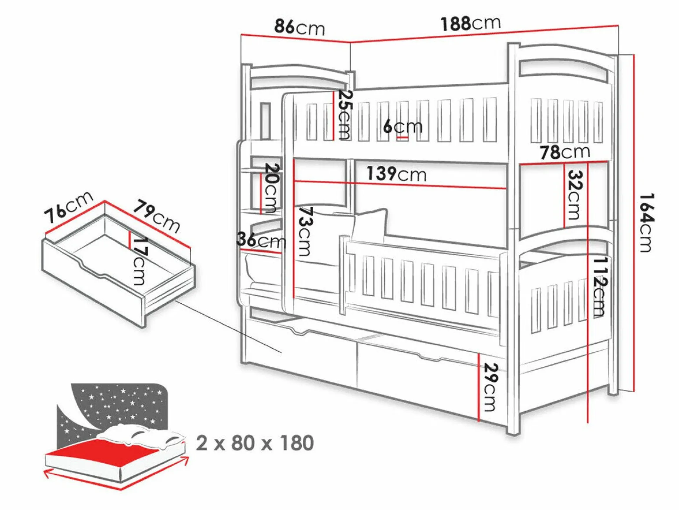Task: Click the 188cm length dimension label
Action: pyautogui.click(x=471, y=23)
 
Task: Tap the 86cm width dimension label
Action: pyautogui.click(x=300, y=27)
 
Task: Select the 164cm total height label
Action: pyautogui.click(x=646, y=222)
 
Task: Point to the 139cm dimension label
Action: pyautogui.click(x=397, y=174)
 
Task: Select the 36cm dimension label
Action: pyautogui.click(x=261, y=240)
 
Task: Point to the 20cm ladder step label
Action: pyautogui.click(x=272, y=188)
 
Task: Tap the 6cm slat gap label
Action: pyautogui.click(x=402, y=126)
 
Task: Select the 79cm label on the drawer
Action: pyautogui.click(x=156, y=216)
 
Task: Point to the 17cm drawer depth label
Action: pyautogui.click(x=140, y=261)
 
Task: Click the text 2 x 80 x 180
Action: pyautogui.click(x=255, y=443)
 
